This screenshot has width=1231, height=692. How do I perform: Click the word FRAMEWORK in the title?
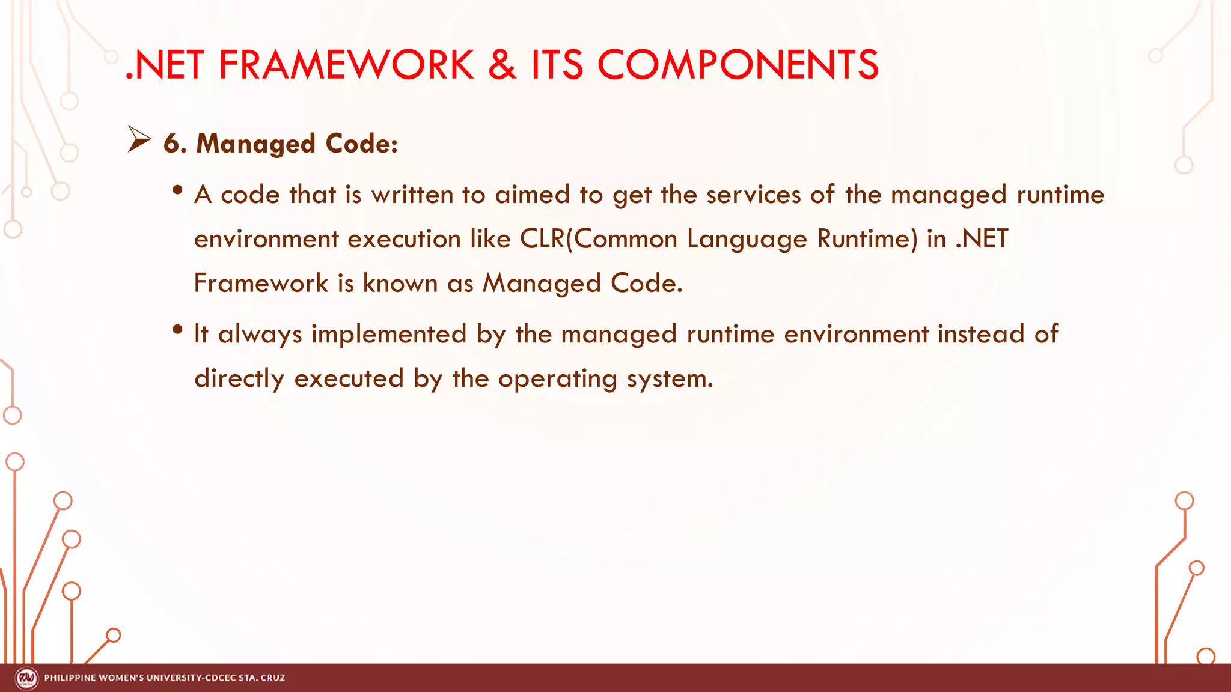(346, 65)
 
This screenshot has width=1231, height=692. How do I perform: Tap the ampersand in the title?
(502, 65)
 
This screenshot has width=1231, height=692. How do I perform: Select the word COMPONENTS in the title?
(738, 65)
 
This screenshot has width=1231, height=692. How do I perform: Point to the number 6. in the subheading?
(175, 144)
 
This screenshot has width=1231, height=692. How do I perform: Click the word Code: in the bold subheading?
(361, 144)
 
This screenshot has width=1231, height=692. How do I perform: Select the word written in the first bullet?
(412, 195)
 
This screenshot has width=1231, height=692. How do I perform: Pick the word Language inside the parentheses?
(747, 239)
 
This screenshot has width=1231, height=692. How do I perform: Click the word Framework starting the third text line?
(261, 283)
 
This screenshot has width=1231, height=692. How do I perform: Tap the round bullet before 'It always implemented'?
(177, 329)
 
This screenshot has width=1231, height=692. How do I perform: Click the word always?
(260, 335)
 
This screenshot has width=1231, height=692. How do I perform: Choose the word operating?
(557, 379)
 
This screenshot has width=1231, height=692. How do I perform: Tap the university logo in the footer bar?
(26, 678)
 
